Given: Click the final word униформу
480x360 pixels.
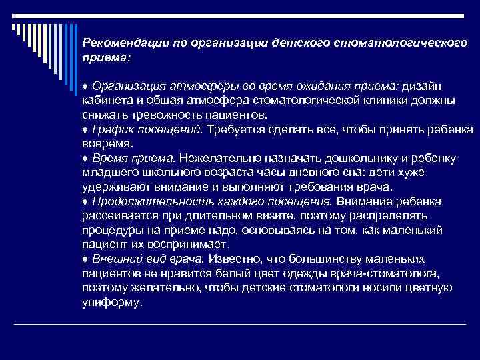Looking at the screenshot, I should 111,301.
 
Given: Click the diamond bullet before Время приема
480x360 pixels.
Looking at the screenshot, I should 85,157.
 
